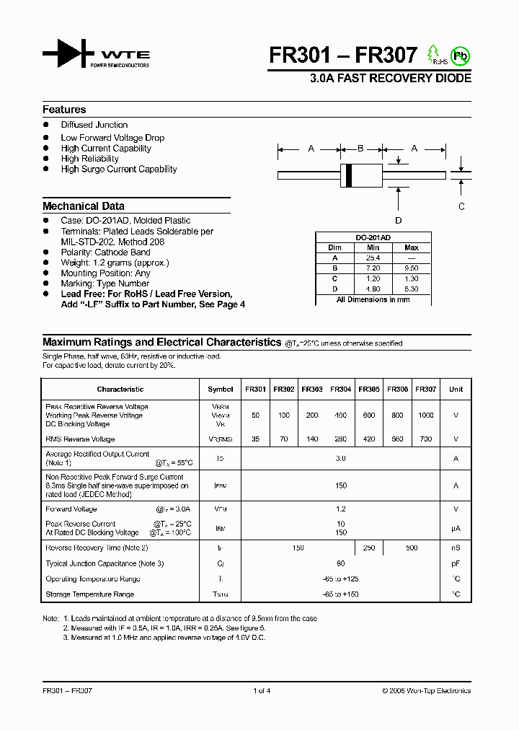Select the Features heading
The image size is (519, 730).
point(64,110)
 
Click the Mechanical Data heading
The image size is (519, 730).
point(84,206)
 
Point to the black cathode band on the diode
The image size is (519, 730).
point(349,174)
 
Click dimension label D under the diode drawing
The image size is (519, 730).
point(398,220)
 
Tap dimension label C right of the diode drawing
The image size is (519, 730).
point(461,206)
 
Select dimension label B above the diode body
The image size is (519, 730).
point(360,149)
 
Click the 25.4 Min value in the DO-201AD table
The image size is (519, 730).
point(372,258)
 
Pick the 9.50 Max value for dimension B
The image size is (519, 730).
point(412,268)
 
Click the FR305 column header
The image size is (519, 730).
point(369,390)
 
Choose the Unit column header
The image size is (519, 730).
point(456,390)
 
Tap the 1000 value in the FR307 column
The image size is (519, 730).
point(426,415)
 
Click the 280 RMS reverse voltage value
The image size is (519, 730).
point(341,439)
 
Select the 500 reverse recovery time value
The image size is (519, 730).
point(412,548)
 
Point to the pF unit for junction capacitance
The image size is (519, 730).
point(456,563)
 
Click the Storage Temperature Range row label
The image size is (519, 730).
point(89,594)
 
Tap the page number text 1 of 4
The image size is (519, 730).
point(262,690)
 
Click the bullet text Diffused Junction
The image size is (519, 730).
point(94,125)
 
